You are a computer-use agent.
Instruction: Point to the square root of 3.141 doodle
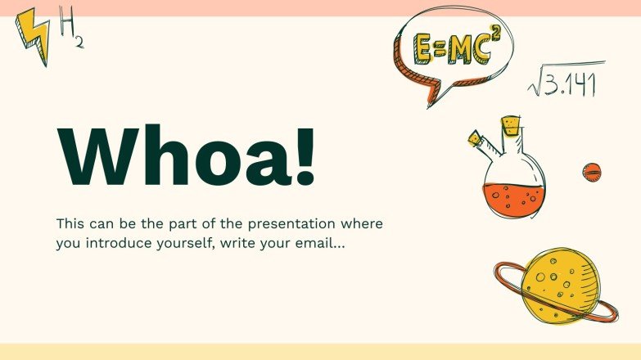[563, 83]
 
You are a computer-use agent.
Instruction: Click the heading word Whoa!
[186, 155]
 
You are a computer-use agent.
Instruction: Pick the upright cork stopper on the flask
[512, 126]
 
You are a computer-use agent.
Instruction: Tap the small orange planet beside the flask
[592, 171]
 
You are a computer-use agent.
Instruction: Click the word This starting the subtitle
[70, 223]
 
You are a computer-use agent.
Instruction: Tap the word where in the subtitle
[361, 223]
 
